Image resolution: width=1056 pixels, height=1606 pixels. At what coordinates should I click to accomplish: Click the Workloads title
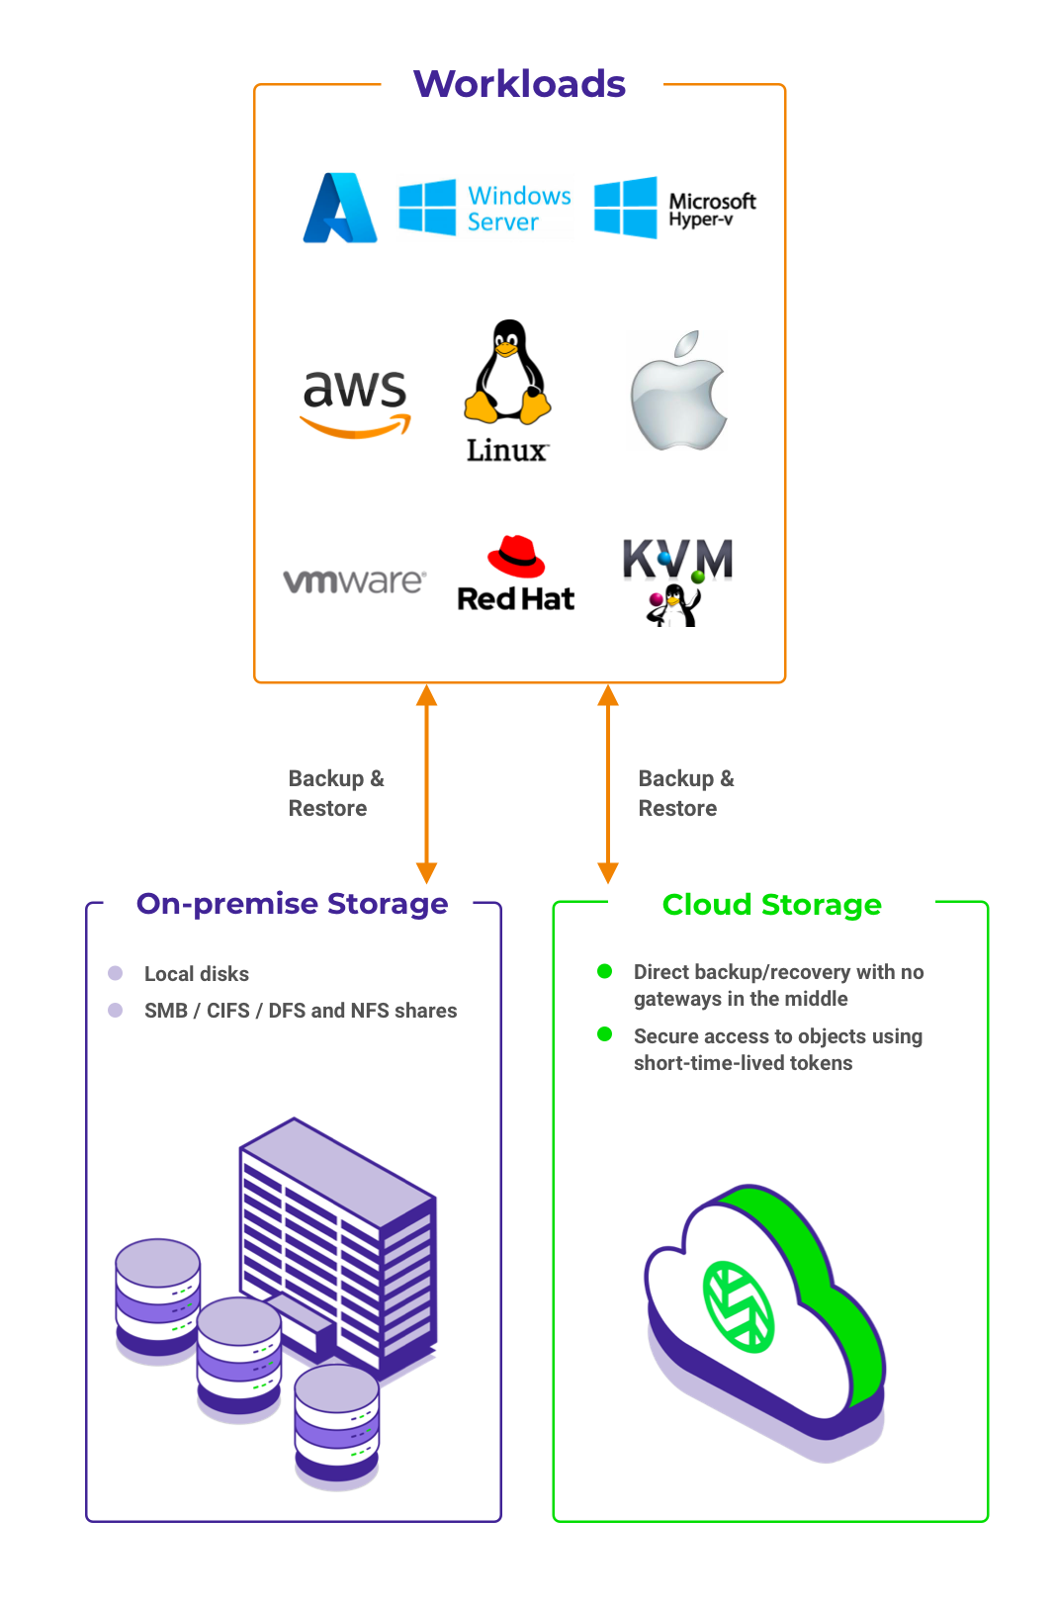[519, 84]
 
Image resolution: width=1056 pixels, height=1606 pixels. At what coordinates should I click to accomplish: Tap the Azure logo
[340, 208]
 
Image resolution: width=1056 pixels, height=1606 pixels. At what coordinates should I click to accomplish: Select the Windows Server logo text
[519, 209]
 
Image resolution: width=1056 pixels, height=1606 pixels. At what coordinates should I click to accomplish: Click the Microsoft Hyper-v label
[711, 209]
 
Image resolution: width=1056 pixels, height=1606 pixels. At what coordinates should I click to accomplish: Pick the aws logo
[355, 401]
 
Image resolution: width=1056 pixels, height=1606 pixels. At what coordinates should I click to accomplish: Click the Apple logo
[679, 392]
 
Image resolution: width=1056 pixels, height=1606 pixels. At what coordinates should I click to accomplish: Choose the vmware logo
[354, 580]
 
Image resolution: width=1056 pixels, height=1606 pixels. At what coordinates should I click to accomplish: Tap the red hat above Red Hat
[516, 557]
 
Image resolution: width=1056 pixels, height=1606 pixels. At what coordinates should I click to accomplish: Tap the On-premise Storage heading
[292, 904]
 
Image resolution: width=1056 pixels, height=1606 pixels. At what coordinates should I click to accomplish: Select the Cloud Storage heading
[771, 905]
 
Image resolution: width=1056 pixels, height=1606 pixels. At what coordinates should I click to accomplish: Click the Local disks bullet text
[196, 974]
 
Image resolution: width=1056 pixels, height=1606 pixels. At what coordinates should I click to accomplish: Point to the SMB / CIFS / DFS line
[301, 1011]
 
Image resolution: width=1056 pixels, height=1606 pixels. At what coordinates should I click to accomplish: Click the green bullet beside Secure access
[605, 1034]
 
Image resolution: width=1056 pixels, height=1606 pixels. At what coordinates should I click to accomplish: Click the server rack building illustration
[336, 1246]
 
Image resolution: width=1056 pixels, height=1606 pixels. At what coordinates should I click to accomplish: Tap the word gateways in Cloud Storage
[677, 999]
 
